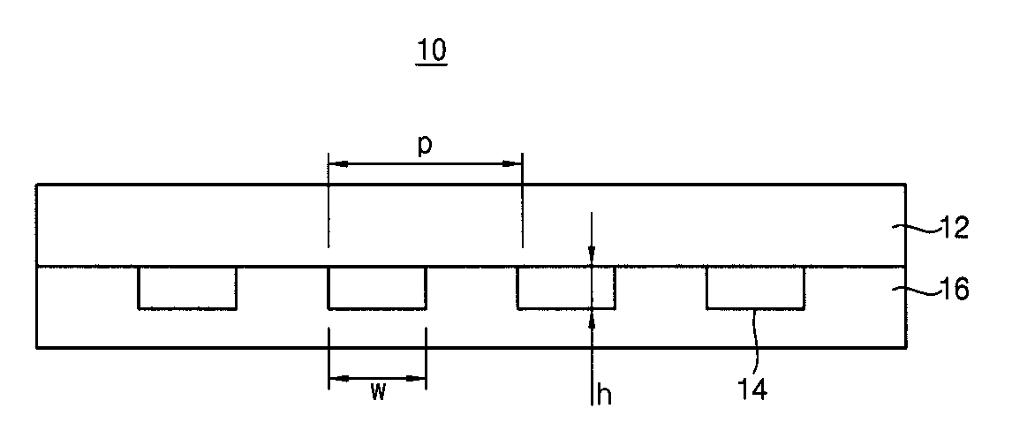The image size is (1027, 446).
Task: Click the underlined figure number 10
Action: tap(432, 51)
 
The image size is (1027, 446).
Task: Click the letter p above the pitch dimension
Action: tap(425, 147)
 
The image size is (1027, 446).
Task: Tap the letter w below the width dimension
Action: tap(377, 393)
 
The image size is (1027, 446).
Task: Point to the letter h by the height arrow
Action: tap(605, 395)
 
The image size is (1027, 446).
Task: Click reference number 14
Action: tap(750, 389)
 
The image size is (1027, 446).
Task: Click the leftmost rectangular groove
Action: tap(187, 287)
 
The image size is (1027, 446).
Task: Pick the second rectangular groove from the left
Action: tap(377, 287)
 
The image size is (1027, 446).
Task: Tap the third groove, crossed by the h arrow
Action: tap(566, 287)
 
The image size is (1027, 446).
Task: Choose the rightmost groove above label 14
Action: tap(755, 287)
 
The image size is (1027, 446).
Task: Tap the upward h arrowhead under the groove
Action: tap(592, 317)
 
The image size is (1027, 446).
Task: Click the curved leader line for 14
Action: tap(755, 341)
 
